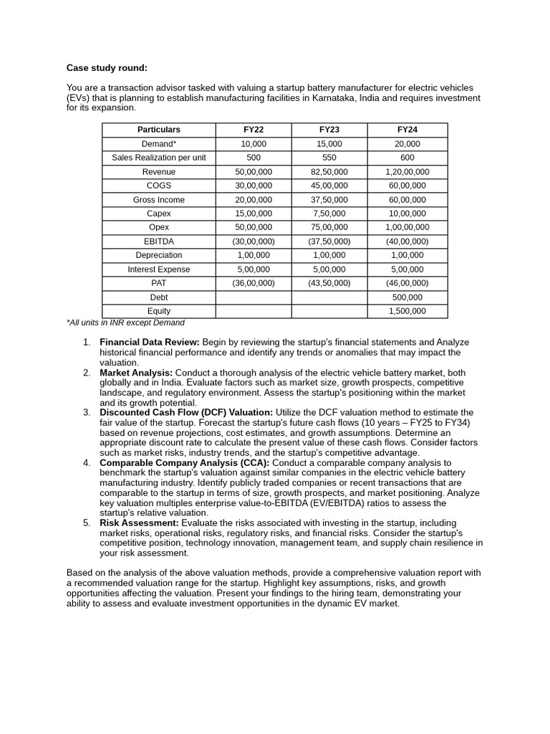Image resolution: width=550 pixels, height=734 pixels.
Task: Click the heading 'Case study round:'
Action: tap(107, 68)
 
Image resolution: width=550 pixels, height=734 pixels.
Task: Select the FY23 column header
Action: tap(329, 130)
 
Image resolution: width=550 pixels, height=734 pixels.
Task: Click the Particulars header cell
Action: tap(159, 130)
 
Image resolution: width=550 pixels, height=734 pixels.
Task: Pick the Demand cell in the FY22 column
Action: tap(254, 144)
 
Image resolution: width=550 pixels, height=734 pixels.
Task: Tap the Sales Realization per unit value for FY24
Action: tap(407, 158)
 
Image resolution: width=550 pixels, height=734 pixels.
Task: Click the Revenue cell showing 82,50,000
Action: tap(329, 172)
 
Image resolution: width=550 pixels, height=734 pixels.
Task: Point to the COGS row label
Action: tap(159, 186)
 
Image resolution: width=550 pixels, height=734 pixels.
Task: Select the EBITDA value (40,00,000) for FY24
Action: tap(407, 242)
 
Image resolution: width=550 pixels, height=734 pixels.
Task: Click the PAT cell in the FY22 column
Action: tap(254, 283)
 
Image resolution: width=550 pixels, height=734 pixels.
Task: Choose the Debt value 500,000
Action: tap(407, 297)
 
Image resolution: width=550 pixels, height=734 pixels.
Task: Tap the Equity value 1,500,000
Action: tap(407, 311)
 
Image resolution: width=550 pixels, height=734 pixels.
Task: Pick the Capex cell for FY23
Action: tap(329, 214)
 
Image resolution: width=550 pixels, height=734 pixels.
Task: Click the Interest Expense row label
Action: tap(159, 270)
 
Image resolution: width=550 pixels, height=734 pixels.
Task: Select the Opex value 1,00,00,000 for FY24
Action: tap(407, 227)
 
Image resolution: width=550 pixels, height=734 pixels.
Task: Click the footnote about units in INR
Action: tap(125, 323)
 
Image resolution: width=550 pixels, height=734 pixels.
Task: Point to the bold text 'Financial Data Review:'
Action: tap(149, 342)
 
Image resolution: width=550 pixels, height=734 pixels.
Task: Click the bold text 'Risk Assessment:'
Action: tap(140, 523)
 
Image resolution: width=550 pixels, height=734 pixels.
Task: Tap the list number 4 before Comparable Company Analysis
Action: tap(86, 462)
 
